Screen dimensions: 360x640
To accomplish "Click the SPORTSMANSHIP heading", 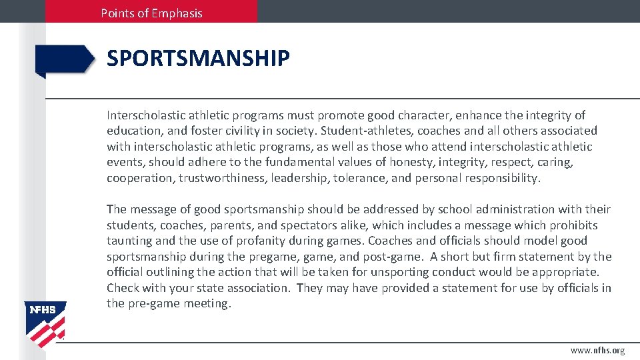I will pos(198,59).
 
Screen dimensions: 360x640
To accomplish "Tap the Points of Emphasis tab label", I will pos(151,13).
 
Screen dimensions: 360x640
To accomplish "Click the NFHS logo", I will pos(46,324).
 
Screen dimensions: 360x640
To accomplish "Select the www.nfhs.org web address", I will pos(597,351).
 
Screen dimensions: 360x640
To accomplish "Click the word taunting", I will pos(129,241).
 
